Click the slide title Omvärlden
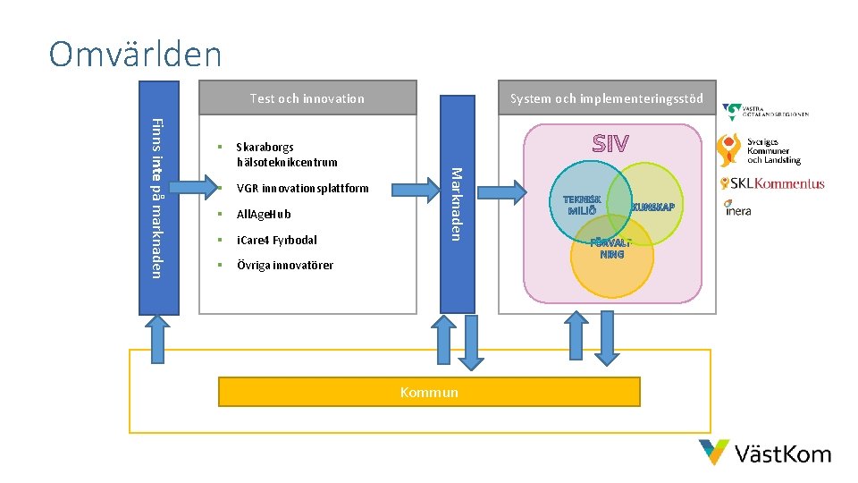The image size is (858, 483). click(x=135, y=54)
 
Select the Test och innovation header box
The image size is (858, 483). click(x=307, y=98)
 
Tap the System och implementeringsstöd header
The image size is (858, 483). click(x=606, y=98)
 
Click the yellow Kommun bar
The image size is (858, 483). click(x=429, y=392)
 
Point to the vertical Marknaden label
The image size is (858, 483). click(x=455, y=204)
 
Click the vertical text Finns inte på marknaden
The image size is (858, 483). click(x=157, y=198)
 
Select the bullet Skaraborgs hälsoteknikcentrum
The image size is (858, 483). click(x=286, y=155)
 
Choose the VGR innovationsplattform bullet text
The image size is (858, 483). click(x=301, y=189)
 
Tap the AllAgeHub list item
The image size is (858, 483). click(x=263, y=215)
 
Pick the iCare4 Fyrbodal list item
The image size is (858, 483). click(x=276, y=240)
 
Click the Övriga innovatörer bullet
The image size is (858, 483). click(x=284, y=266)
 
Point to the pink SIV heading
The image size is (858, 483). click(x=610, y=144)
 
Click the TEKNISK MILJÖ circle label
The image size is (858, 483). click(x=581, y=205)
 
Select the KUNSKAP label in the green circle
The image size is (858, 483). click(x=653, y=208)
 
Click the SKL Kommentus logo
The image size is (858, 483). click(x=772, y=183)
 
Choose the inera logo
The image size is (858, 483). click(x=737, y=208)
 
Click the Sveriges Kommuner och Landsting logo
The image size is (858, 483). click(x=761, y=149)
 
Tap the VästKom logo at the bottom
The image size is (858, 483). click(x=765, y=453)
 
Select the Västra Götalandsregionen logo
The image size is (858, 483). click(x=766, y=113)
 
